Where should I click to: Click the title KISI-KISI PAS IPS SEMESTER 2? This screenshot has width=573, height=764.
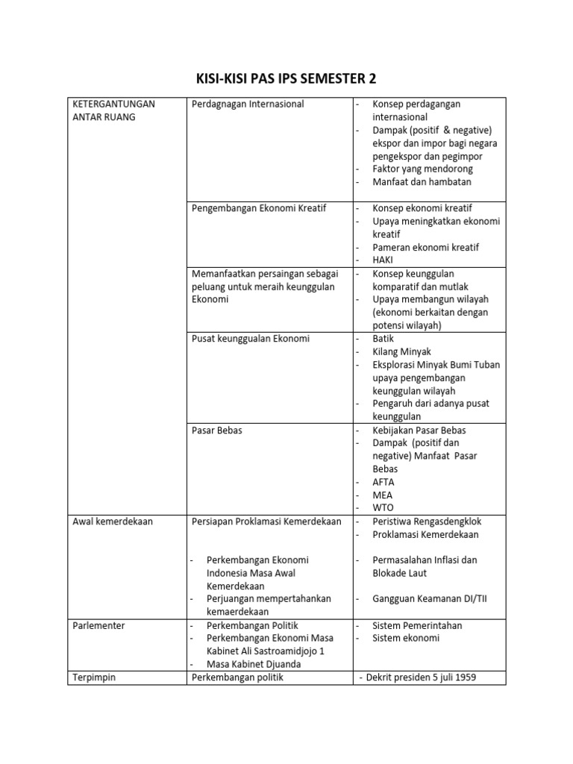tap(286, 78)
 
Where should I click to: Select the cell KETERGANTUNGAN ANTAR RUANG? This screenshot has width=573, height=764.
tap(113, 110)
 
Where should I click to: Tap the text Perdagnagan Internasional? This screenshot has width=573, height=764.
tap(248, 104)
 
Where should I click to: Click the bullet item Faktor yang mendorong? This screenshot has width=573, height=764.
tap(422, 169)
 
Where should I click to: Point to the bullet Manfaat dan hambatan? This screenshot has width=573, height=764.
tap(422, 182)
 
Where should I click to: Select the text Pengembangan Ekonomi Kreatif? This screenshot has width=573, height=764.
tap(259, 208)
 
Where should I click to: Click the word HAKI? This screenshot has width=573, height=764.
tap(383, 260)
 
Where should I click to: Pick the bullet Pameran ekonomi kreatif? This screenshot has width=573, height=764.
tap(425, 247)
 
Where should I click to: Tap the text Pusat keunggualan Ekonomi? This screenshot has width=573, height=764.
tap(250, 339)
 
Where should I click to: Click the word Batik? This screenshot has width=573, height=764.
tap(383, 339)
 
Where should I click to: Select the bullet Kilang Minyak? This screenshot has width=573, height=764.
tap(401, 351)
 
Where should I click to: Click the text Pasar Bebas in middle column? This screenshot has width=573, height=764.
tap(217, 430)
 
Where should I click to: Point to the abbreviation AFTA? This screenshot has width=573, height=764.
tap(383, 482)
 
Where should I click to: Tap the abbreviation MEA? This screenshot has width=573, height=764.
tap(383, 495)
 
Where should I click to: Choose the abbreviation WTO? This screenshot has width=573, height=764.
tap(383, 508)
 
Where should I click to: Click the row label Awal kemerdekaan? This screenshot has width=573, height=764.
tap(113, 522)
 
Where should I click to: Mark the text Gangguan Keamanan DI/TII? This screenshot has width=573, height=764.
tap(430, 599)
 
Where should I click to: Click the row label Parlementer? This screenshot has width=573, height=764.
tap(99, 625)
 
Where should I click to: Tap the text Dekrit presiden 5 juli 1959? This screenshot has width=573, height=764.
tap(422, 677)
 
